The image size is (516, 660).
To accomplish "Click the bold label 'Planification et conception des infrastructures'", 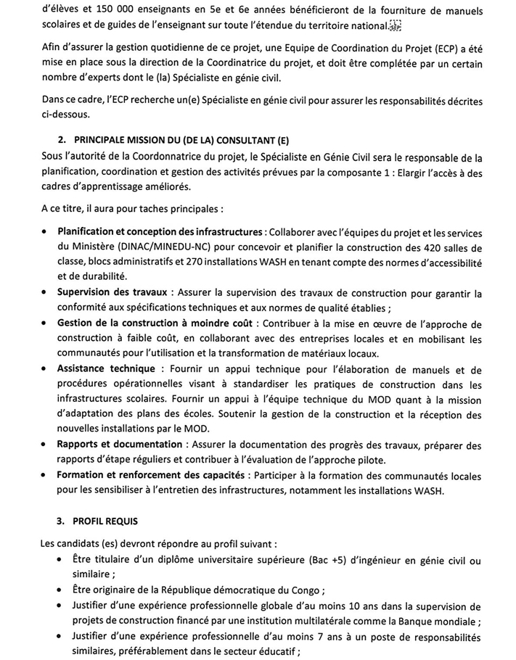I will (x=160, y=232).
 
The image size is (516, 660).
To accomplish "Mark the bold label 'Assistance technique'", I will (x=106, y=368).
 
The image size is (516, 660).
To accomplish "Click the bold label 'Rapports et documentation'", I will (x=120, y=444).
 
